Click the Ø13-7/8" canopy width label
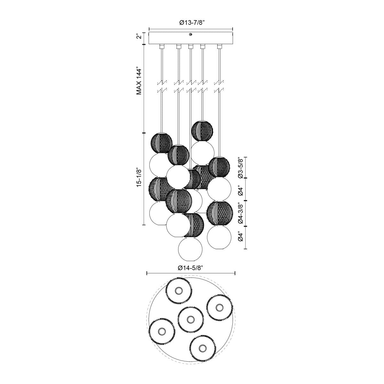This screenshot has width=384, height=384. click(x=191, y=22)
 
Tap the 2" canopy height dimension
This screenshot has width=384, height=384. click(x=139, y=36)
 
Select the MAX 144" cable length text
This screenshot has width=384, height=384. click(x=139, y=81)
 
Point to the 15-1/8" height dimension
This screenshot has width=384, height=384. click(x=139, y=177)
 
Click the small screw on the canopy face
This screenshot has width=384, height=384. click(x=190, y=34)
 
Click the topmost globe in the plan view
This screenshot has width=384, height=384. click(x=179, y=291)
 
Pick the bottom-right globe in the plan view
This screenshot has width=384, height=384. click(x=202, y=348)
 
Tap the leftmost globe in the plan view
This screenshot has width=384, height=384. click(x=162, y=331)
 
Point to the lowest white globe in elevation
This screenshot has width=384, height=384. click(x=191, y=249)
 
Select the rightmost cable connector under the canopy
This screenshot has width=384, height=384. click(x=219, y=47)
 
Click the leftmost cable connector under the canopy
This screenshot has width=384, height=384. click(x=162, y=47)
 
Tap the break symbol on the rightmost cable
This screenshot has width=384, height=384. click(x=219, y=86)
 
